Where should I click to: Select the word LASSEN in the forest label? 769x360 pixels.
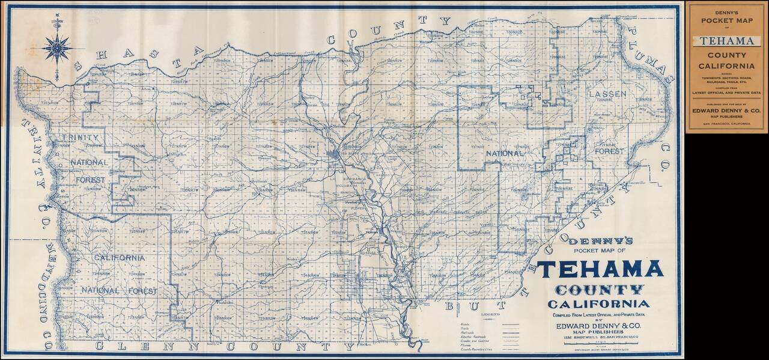(x=607, y=94)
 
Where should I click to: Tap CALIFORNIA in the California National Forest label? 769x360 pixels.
(x=118, y=257)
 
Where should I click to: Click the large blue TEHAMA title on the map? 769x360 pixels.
(x=600, y=269)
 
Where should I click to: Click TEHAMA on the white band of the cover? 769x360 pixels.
(x=727, y=41)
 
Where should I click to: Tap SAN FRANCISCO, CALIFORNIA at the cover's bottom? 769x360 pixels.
(x=727, y=123)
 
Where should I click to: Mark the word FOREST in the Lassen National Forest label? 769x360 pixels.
(x=608, y=152)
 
